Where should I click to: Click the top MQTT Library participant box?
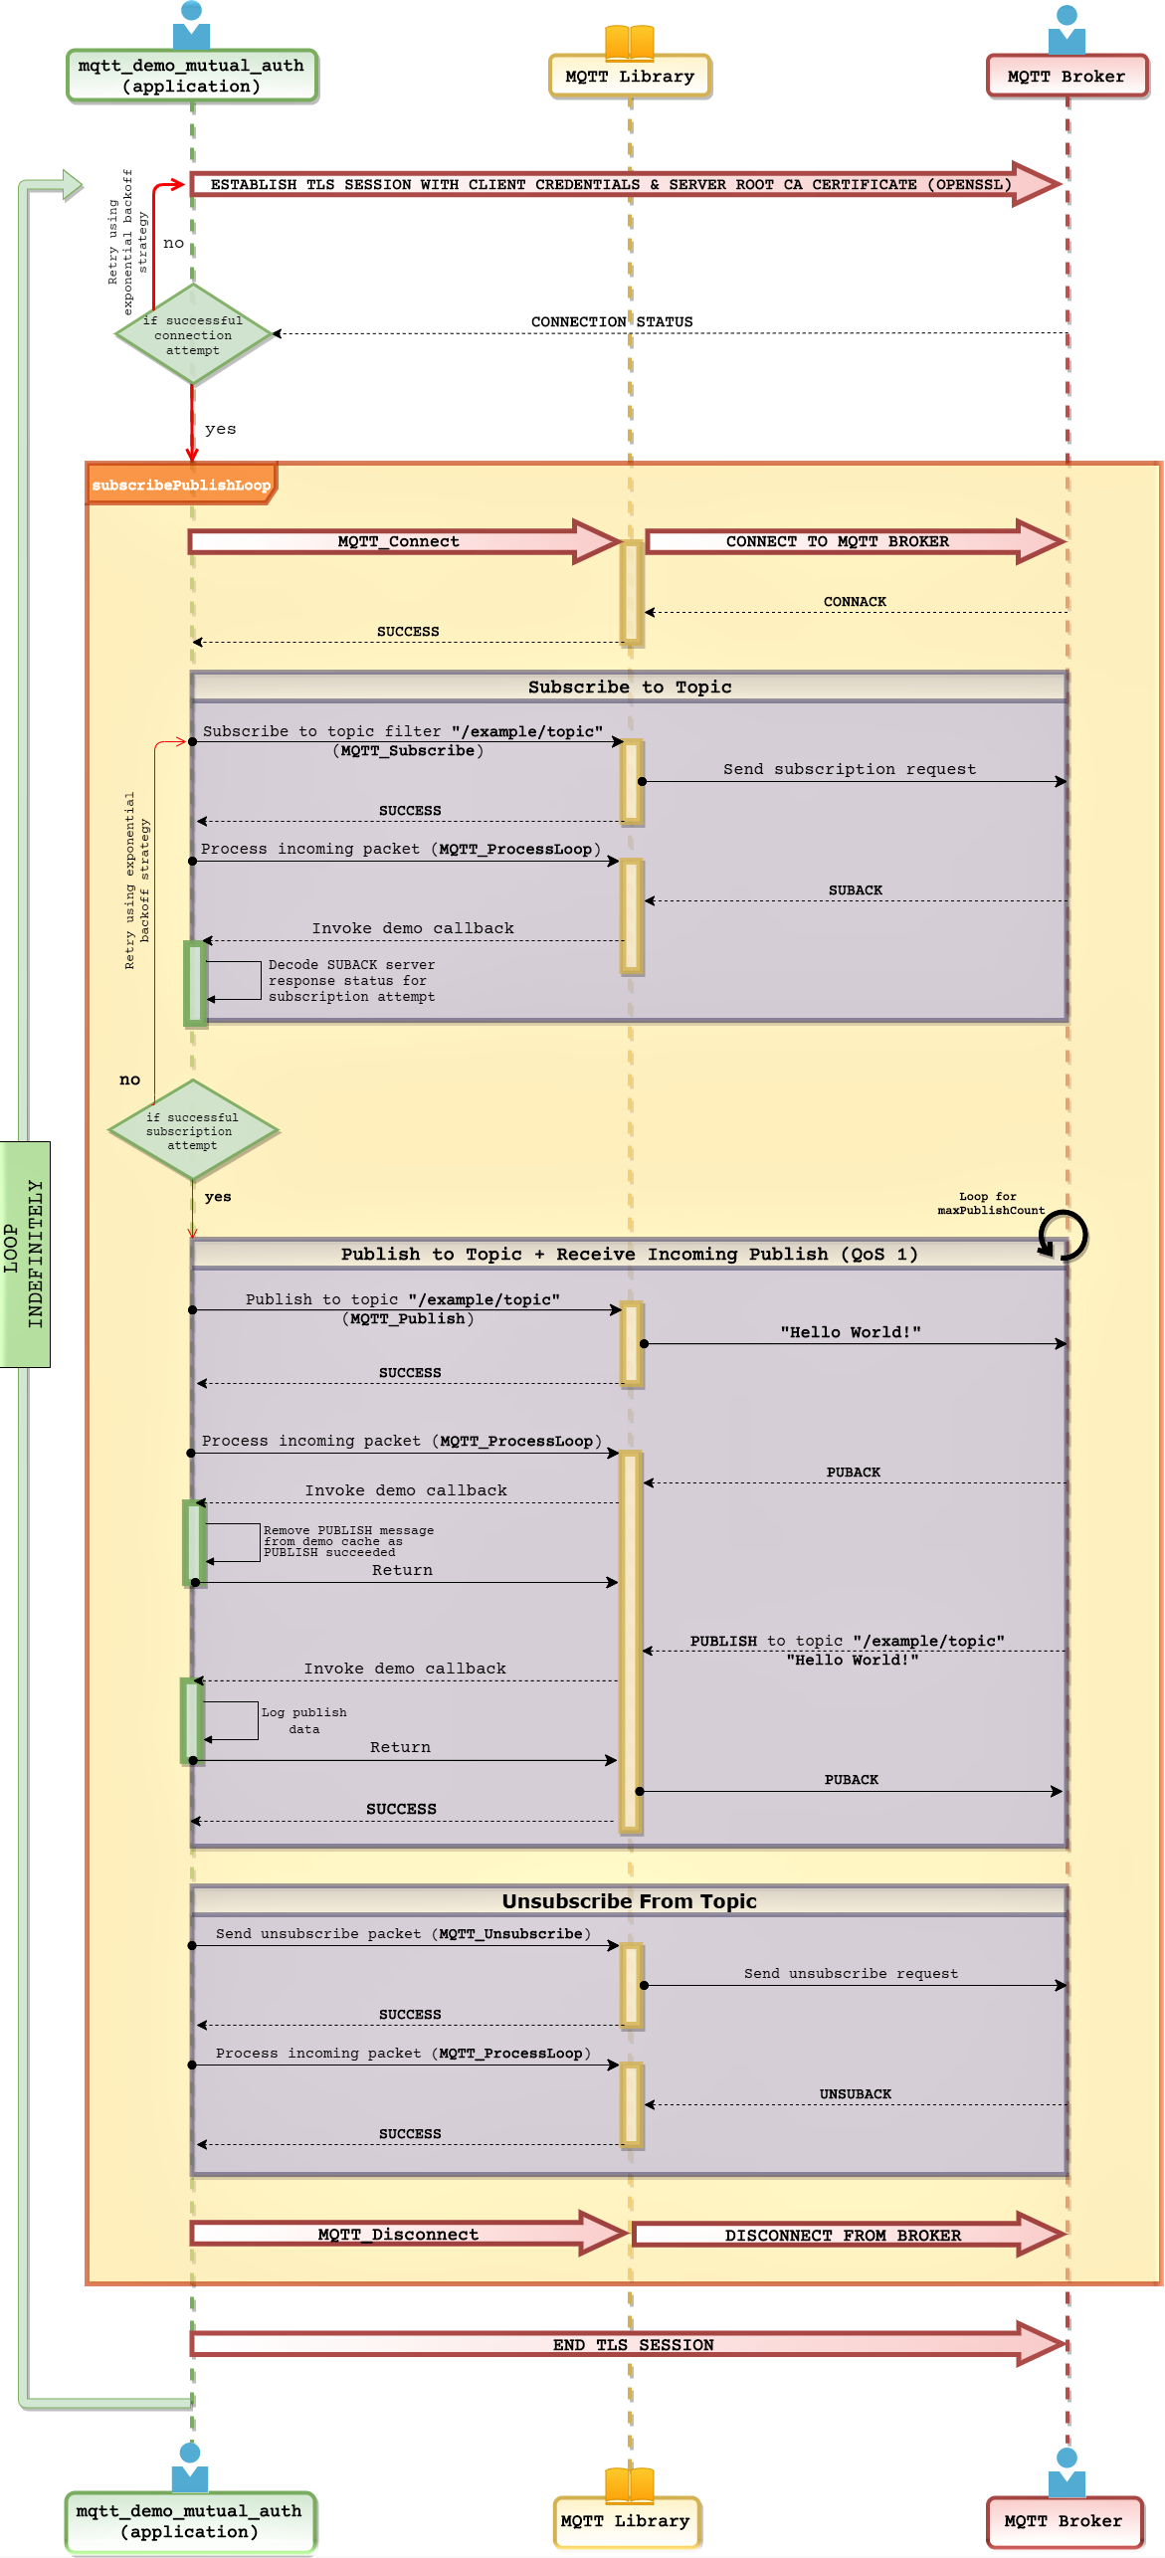coord(630,77)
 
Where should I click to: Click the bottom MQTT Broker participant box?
coord(1064,2520)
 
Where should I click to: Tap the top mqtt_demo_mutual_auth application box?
coord(192,76)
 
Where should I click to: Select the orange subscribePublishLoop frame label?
coord(181,485)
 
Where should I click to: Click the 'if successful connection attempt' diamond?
coord(193,334)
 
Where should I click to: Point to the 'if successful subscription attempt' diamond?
coord(192,1131)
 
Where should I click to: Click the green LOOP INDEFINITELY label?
coord(24,1254)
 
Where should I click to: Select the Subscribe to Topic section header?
coord(629,687)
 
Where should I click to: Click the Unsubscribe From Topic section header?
coord(629,1900)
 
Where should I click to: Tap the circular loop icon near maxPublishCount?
coord(1063,1235)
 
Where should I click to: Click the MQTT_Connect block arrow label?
coord(398,541)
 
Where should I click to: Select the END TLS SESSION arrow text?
coord(633,2344)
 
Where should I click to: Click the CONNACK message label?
coord(855,601)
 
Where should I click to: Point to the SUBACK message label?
coord(856,889)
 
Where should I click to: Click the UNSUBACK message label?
coord(856,2093)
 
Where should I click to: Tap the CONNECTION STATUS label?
coord(612,321)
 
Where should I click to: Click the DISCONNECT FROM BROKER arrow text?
coord(843,2235)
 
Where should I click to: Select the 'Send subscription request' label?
coord(850,769)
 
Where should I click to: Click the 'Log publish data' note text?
coord(304,1720)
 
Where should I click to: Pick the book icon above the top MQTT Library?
coord(630,41)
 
